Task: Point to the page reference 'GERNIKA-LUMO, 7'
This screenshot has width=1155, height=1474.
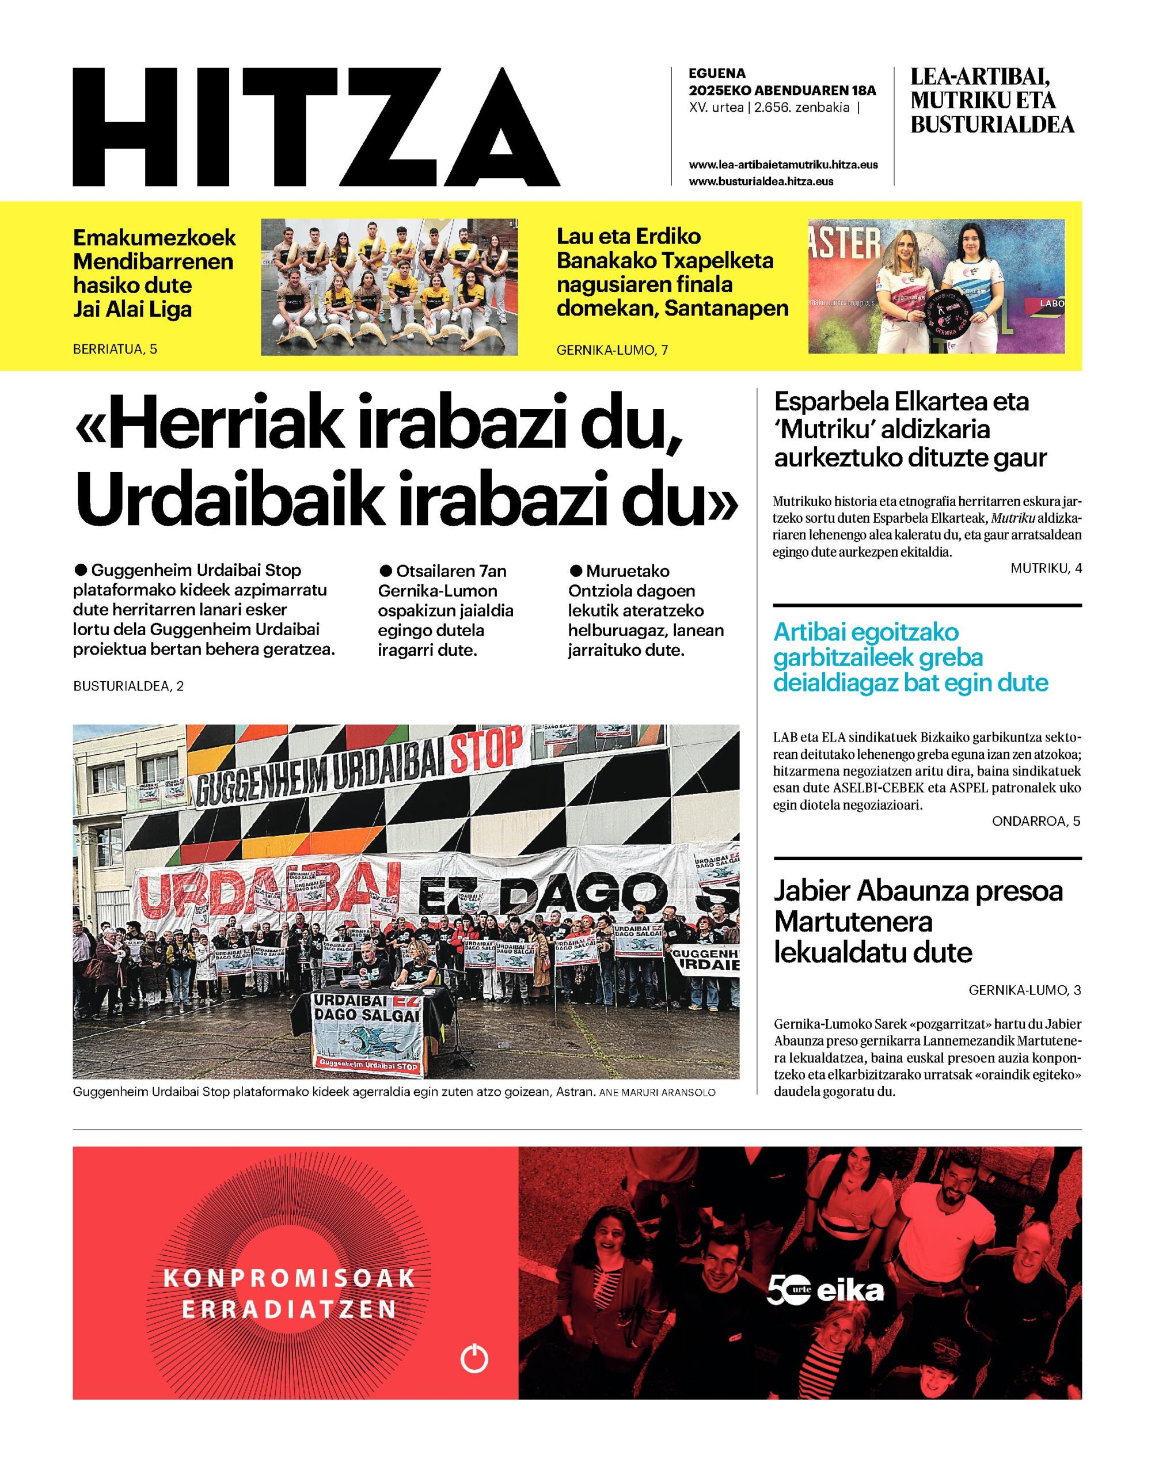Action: pos(612,349)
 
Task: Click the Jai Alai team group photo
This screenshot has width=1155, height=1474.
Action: pos(389,287)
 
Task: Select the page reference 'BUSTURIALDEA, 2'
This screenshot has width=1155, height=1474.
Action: pos(128,686)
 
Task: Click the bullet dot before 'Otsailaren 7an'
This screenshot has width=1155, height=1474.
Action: pos(386,570)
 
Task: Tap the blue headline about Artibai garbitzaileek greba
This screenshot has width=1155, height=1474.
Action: pos(910,657)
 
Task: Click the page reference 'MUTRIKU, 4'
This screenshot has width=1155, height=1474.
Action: pos(1046,568)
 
